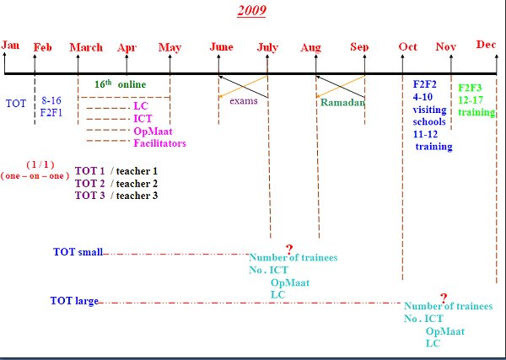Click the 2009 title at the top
pos(251,10)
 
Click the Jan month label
pos(10,45)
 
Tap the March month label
pos(86,47)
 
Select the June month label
pos(221,46)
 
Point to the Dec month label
pos(486,44)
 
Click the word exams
pos(244,100)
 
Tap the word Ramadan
pos(342,103)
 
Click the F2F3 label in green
pos(470,88)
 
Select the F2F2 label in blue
pos(425,84)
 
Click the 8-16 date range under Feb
pos(51,100)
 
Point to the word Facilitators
pos(159,143)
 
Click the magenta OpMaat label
pos(153,132)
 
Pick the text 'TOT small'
pos(78,251)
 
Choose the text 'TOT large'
pos(74,301)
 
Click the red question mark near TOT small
pos(289,250)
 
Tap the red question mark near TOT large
pos(444,298)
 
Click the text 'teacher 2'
pos(137,184)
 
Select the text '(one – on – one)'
pos(35,176)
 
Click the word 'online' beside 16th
pos(132,84)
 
